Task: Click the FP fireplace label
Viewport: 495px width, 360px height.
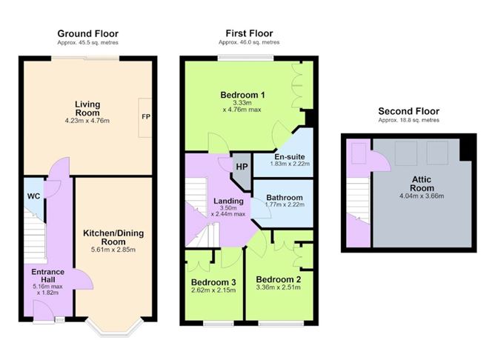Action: (146, 117)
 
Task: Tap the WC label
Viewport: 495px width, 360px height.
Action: (34, 196)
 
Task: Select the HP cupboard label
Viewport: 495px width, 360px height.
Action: (242, 167)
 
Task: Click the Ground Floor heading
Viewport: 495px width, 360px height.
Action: (87, 33)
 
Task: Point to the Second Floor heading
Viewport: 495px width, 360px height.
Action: (409, 111)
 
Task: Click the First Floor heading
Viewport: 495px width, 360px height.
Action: (249, 33)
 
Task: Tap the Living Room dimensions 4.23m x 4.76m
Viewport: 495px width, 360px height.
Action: (87, 121)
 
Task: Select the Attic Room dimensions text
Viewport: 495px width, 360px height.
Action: (422, 196)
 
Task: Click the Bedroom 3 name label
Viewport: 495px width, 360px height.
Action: (213, 282)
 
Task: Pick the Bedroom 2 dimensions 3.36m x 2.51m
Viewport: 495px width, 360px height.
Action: (279, 287)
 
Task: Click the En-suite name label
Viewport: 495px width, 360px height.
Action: (290, 157)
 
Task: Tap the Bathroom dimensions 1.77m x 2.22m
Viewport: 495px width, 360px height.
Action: (285, 204)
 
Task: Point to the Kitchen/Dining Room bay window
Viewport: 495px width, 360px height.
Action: (114, 328)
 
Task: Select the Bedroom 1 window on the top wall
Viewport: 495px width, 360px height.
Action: (246, 58)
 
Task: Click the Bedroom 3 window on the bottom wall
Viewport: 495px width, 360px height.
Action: (219, 323)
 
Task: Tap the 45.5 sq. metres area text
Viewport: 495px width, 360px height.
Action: (87, 43)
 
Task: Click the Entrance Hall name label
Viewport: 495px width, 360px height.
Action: (47, 276)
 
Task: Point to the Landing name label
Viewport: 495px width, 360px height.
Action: (228, 201)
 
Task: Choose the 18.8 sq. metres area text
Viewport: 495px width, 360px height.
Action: (409, 120)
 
